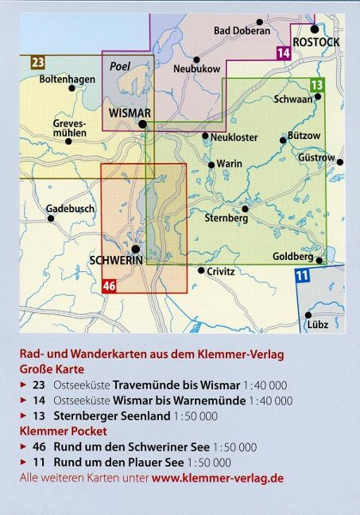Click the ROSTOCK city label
tap(315, 41)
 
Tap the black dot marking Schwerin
tap(136, 249)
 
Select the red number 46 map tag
tap(110, 286)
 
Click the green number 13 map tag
tap(318, 85)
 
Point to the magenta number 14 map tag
tap(284, 53)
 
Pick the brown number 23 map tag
tap(38, 62)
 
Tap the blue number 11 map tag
tap(302, 276)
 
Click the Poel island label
tap(119, 68)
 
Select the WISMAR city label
tap(128, 113)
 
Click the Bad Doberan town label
tap(242, 31)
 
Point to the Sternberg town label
tap(227, 218)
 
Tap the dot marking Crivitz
tap(201, 270)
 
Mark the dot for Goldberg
tap(319, 260)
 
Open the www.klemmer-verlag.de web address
tap(217, 478)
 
